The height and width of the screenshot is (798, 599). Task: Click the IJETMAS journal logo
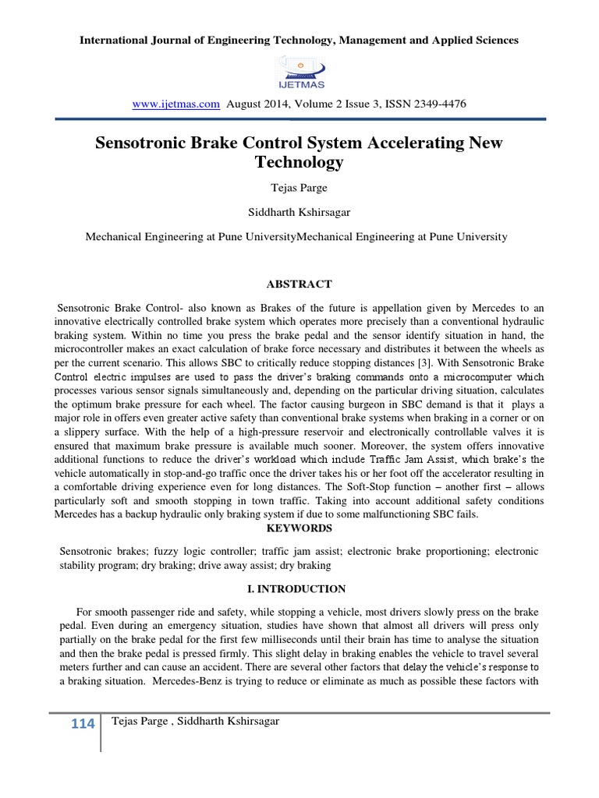pos(299,72)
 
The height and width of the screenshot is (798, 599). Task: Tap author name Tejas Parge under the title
pos(299,189)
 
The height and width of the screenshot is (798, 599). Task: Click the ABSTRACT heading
pos(299,284)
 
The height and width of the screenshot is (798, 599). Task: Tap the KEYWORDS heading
pos(299,528)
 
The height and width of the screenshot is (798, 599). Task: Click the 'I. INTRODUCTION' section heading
pos(299,588)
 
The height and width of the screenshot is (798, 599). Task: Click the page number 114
pos(83,724)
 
